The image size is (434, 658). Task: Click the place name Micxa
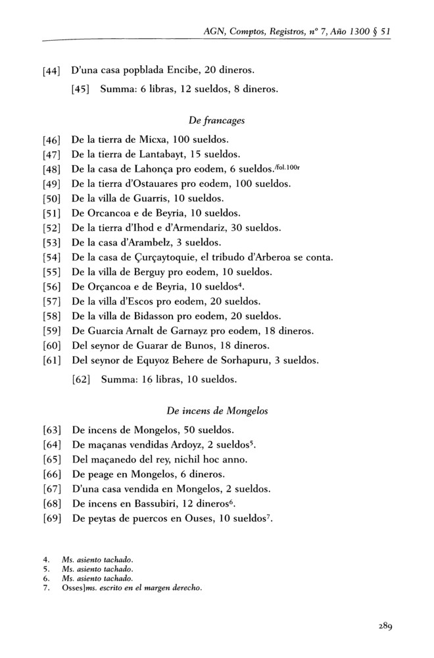(x=155, y=139)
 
